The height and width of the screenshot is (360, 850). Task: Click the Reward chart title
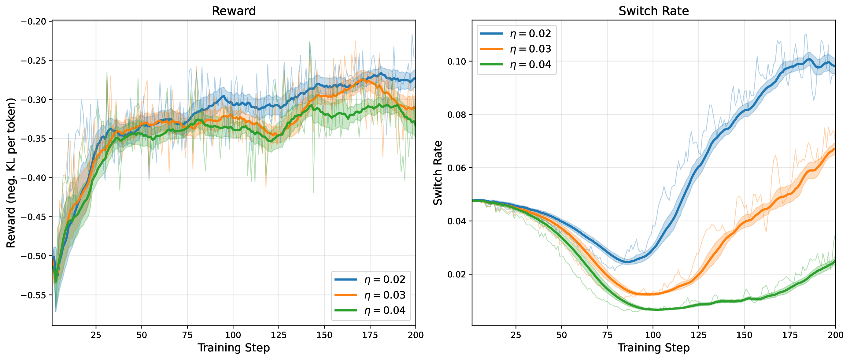tap(234, 11)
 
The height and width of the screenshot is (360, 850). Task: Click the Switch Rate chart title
tap(653, 11)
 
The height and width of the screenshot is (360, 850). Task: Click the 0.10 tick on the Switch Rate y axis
tap(456, 61)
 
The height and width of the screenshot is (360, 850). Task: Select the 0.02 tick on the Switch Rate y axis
tap(456, 274)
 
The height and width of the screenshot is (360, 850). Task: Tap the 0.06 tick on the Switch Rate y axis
tap(456, 168)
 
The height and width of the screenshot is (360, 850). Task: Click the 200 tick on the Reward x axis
tap(416, 335)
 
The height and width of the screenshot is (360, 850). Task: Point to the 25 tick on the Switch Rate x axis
tap(516, 335)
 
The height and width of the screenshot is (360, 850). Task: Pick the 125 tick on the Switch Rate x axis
tap(699, 335)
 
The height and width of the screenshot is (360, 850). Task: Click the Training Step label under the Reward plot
tap(234, 348)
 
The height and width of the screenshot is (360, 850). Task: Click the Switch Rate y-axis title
tap(438, 173)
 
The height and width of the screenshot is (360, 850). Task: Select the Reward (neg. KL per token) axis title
tap(11, 173)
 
